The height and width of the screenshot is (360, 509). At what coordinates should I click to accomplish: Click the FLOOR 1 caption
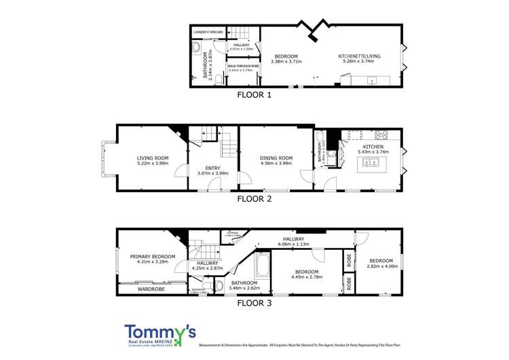tap(254, 95)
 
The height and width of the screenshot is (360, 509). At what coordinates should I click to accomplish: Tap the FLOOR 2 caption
tap(254, 199)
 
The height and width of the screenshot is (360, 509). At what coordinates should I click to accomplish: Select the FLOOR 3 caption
tap(254, 304)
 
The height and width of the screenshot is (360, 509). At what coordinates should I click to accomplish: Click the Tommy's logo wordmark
tap(160, 331)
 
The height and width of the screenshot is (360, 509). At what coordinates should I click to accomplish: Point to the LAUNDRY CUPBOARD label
tap(208, 32)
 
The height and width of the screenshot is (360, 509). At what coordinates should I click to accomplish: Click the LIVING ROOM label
tap(153, 158)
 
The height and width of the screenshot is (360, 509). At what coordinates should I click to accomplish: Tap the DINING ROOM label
tap(276, 158)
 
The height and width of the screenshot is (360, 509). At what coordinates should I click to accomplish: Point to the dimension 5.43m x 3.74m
tap(373, 152)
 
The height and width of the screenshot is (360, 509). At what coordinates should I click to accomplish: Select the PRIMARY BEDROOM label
tap(153, 256)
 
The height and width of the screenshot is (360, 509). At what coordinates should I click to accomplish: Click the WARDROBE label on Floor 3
tap(151, 289)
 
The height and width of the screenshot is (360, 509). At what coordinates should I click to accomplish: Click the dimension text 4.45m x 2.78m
tap(307, 277)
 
